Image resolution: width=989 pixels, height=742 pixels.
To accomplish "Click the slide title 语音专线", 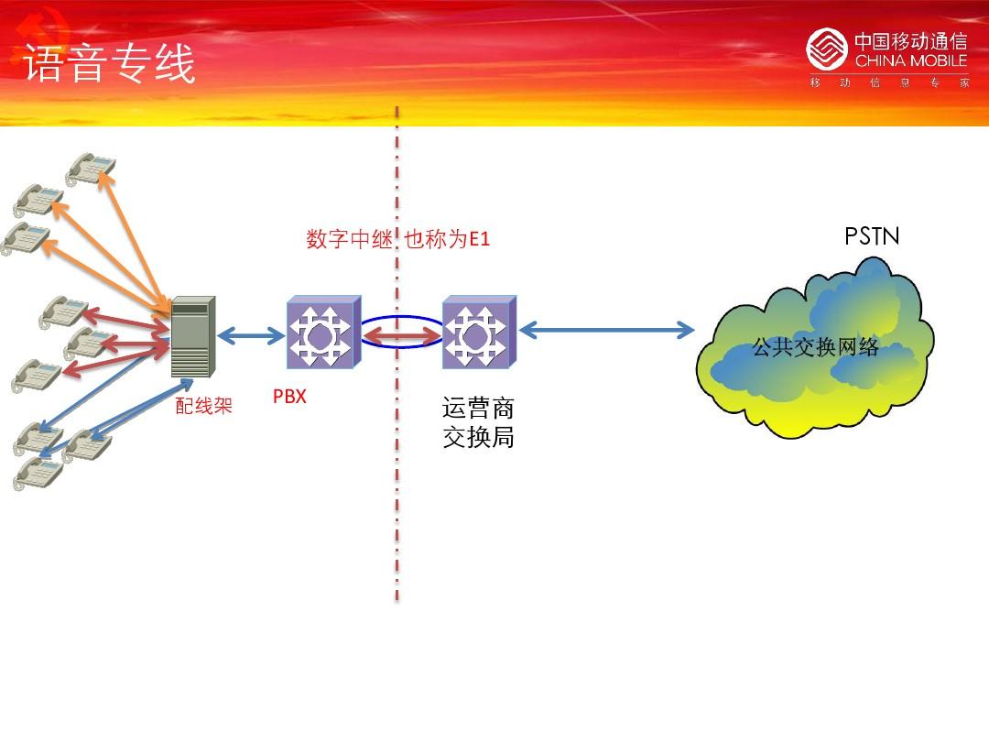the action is [x=109, y=63].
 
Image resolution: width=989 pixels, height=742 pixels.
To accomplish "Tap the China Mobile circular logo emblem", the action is [x=826, y=49].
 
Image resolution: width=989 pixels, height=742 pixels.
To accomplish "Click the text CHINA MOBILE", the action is [x=911, y=60].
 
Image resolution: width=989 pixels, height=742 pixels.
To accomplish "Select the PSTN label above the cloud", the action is [x=872, y=236].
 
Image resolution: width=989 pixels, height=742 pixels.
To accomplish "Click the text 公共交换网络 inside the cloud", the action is [x=815, y=346].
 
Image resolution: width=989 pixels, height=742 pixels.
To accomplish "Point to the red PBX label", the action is [x=289, y=397].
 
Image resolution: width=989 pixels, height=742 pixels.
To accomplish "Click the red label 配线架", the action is [x=203, y=406].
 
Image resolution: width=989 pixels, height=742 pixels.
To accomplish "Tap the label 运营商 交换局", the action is [x=478, y=422].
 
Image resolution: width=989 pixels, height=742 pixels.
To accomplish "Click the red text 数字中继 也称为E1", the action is [x=398, y=238].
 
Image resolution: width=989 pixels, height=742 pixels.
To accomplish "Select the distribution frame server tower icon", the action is [x=193, y=336].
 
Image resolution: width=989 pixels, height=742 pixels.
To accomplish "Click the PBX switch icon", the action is [x=323, y=332].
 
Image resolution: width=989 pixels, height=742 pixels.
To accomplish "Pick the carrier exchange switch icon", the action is [x=479, y=332].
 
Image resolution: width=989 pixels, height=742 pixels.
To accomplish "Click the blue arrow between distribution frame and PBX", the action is [x=251, y=335].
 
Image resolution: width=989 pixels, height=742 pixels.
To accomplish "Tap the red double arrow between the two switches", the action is [x=402, y=336].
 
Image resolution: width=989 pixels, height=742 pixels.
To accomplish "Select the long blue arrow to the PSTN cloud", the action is [x=607, y=330].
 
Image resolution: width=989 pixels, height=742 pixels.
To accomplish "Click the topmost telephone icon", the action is [x=91, y=169].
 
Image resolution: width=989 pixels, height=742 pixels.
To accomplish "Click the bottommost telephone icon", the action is [x=38, y=474].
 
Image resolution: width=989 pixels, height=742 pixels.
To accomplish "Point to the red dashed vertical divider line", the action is [x=397, y=354].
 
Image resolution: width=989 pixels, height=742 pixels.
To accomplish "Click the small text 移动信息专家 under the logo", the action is [x=889, y=82].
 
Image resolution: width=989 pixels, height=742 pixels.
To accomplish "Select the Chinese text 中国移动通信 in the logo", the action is [x=911, y=41].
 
